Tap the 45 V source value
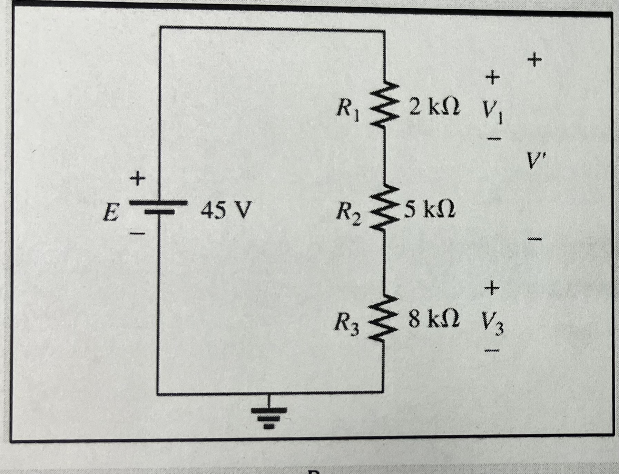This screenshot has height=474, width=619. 225,210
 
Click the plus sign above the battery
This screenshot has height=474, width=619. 137,179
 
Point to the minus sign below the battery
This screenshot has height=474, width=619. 137,234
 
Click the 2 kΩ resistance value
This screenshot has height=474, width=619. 434,108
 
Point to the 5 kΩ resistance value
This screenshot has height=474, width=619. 430,210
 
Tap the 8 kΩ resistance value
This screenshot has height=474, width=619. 434,320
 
